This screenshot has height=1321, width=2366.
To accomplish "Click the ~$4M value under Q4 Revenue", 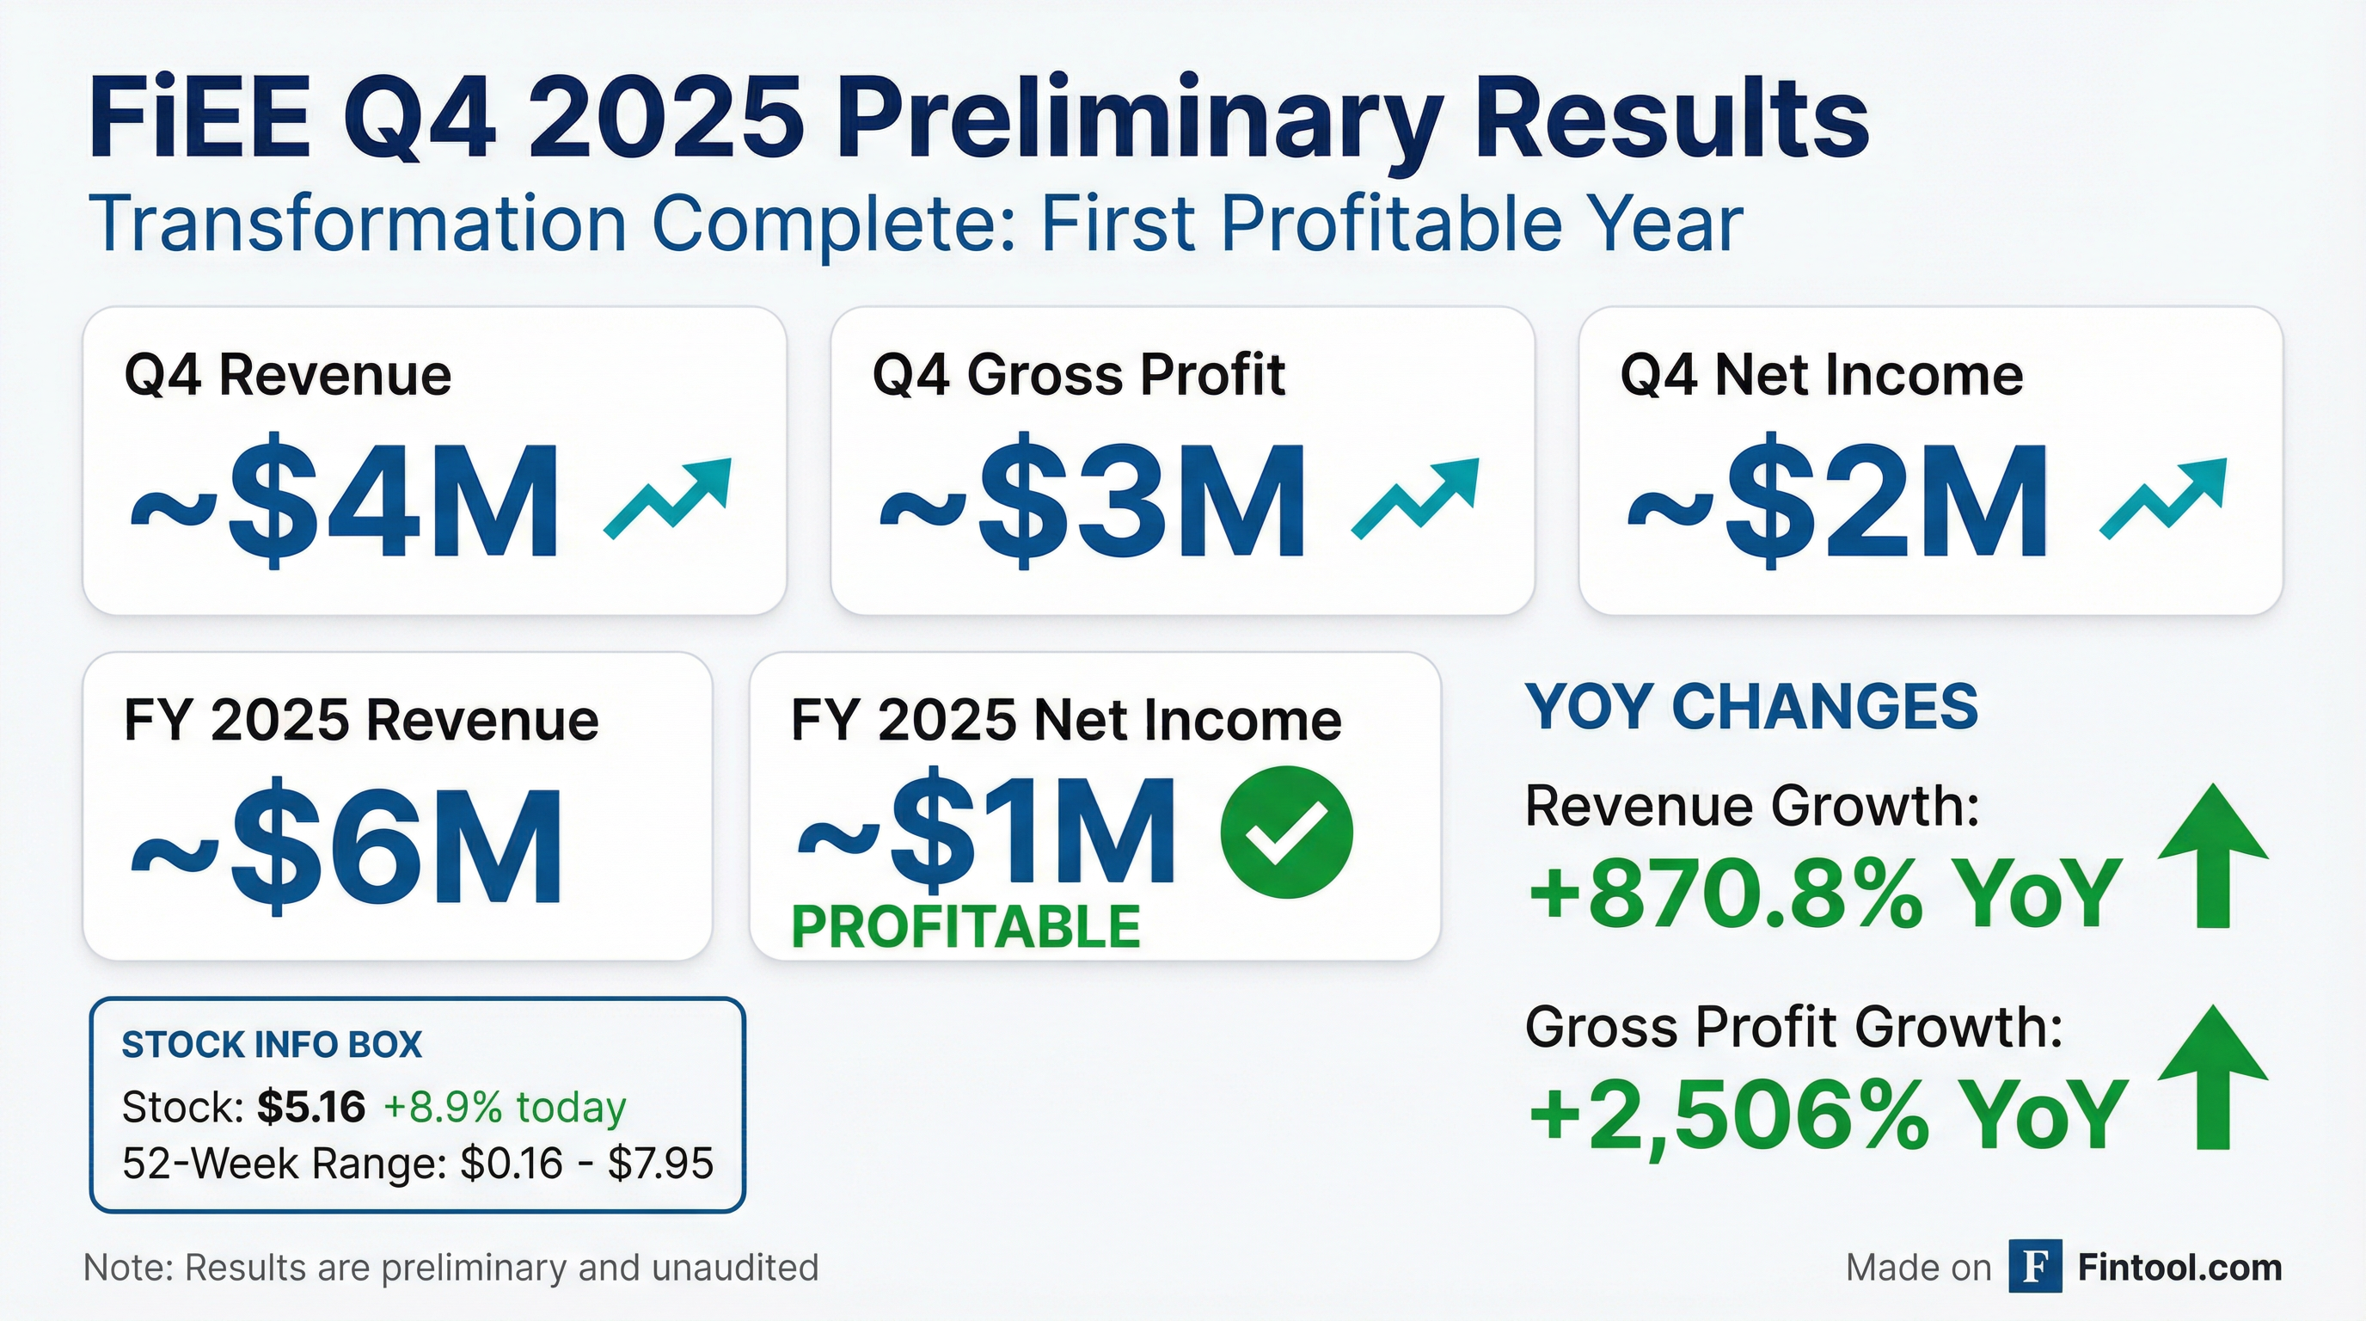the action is click(x=345, y=501).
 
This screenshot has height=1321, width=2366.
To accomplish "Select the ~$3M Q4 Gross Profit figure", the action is click(x=1092, y=501).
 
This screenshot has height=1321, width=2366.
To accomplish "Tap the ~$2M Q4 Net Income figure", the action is click(x=1837, y=501).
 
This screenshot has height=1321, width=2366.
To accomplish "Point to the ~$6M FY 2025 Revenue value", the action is click(x=346, y=847).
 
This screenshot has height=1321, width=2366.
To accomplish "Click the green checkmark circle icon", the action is click(x=1286, y=833).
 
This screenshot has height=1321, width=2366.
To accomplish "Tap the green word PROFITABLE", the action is click(x=965, y=927).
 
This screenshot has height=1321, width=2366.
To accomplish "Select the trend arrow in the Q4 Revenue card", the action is click(x=668, y=497).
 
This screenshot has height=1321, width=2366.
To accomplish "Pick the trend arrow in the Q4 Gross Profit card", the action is click(x=1415, y=497).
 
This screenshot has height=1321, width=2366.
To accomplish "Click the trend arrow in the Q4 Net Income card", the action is click(x=2163, y=497).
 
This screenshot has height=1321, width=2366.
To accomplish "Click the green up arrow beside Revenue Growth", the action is click(x=2212, y=855).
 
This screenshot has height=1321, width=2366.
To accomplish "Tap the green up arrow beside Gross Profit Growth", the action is click(x=2212, y=1077).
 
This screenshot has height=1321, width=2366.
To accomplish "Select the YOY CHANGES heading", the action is click(x=1751, y=707).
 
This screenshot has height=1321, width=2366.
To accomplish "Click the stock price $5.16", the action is click(x=311, y=1107).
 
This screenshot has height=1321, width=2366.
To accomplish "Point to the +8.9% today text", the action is click(x=505, y=1107).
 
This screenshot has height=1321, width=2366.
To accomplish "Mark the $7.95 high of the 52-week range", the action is click(x=660, y=1164).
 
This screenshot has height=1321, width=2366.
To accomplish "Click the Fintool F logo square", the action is click(x=2035, y=1266).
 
